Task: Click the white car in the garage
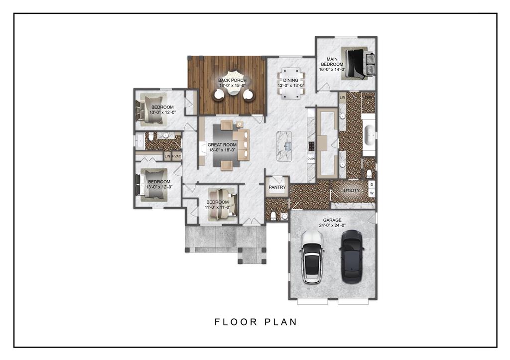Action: point(312,257)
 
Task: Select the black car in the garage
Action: point(352,256)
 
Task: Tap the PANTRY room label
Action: point(277,187)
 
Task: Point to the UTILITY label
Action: point(352,190)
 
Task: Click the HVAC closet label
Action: point(176,156)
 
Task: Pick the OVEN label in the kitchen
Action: point(311,159)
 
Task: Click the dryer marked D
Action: point(372,185)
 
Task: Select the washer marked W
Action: point(372,193)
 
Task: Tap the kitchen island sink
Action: point(287,145)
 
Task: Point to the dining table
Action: point(291,83)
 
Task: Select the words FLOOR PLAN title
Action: point(256,322)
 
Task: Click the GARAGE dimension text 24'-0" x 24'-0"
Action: point(332,226)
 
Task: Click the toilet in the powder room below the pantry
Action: point(274,216)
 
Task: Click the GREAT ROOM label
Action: point(222,145)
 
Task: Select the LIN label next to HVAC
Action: point(167,156)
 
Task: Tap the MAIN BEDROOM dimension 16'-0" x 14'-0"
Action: point(332,69)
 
